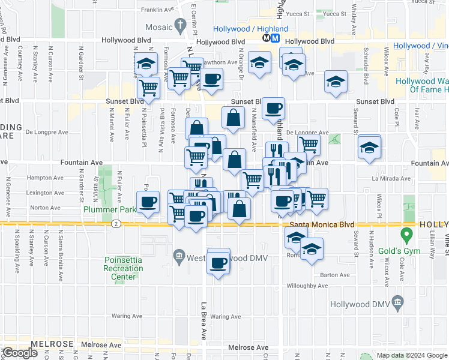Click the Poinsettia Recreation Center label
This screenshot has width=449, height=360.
124,268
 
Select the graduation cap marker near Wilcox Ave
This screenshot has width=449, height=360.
369,147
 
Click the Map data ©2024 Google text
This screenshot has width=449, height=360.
412,355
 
